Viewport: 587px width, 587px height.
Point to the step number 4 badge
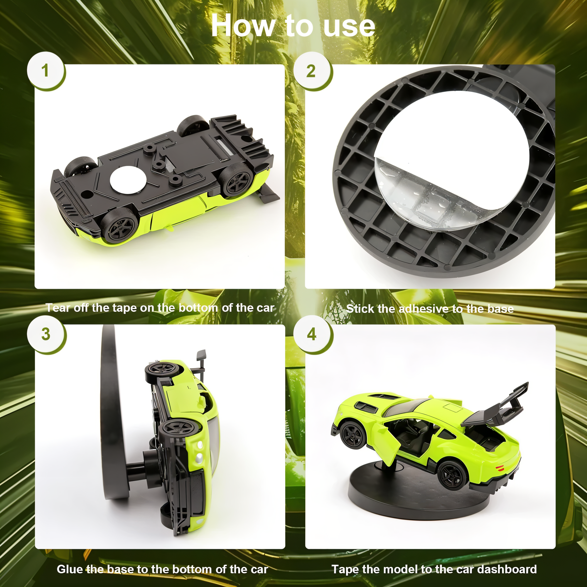coord(312,334)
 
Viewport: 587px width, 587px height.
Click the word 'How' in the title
coord(243,26)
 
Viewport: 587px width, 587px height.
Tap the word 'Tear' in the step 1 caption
coord(58,308)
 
